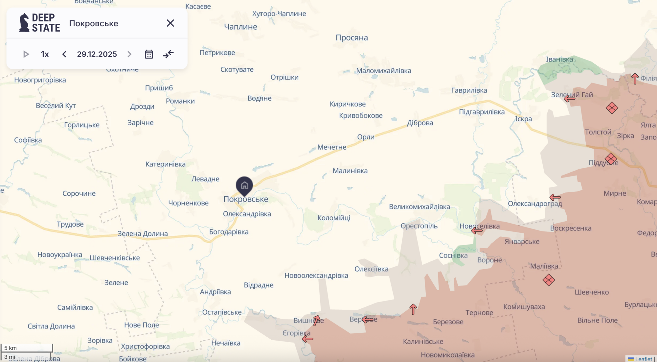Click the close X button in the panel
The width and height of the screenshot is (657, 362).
(x=170, y=23)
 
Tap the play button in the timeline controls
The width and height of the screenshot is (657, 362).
(x=26, y=54)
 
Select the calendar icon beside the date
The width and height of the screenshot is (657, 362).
(x=149, y=54)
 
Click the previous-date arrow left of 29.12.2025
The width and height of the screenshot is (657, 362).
(x=64, y=54)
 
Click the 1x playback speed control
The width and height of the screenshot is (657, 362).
(x=45, y=54)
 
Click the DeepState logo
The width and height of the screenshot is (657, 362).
(x=40, y=23)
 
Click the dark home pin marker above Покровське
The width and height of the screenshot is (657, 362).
(x=244, y=185)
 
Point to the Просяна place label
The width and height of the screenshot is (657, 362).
(x=351, y=37)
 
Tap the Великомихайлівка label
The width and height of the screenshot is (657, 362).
(x=419, y=206)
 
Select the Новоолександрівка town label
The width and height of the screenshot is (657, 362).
(x=316, y=275)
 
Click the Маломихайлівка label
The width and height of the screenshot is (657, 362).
(x=383, y=70)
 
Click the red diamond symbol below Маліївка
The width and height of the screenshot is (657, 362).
(x=548, y=280)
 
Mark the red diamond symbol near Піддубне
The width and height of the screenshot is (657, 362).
(x=611, y=159)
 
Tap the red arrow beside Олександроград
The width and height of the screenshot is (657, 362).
(x=555, y=197)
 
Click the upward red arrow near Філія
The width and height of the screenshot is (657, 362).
(x=635, y=79)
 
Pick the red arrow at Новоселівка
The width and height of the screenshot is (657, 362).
(x=477, y=230)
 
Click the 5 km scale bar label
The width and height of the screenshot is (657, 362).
(x=11, y=348)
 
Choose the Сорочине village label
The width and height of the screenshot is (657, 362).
(x=79, y=193)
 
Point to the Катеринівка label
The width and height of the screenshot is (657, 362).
(x=165, y=164)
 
